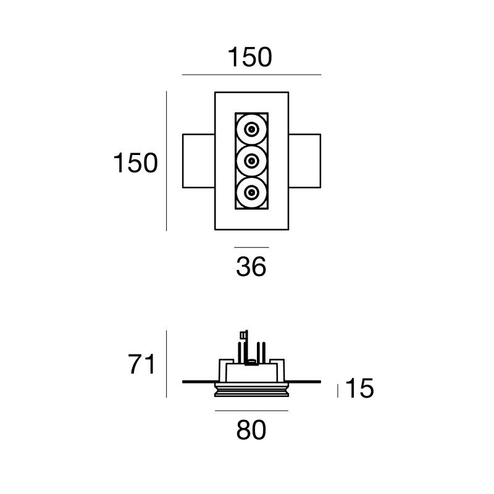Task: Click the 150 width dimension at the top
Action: coord(250,57)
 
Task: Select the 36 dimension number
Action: coord(251,267)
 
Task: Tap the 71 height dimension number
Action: coord(141,365)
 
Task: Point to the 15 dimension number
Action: coord(359,390)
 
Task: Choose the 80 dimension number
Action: coord(251,430)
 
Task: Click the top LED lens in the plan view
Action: coord(251,130)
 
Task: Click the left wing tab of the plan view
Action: coord(198,161)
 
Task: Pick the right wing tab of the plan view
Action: coord(304,161)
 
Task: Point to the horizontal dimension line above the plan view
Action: coord(251,75)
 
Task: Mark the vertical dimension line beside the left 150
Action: coord(167,161)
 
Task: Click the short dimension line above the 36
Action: coord(251,247)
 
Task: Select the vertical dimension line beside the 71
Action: coord(167,364)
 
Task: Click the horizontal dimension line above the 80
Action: coord(251,410)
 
